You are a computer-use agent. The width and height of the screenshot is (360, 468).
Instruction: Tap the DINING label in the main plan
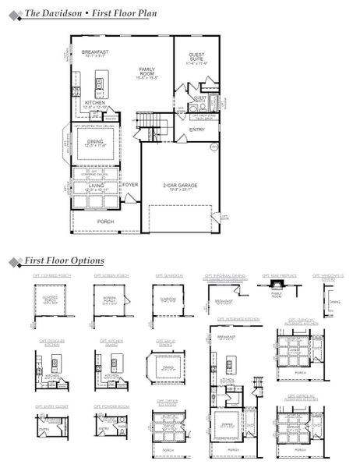(95, 144)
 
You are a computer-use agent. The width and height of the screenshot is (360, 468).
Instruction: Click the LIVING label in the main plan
(95, 186)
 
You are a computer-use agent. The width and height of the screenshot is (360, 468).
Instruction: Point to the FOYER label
(129, 185)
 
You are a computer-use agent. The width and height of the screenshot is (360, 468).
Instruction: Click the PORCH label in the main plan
(105, 222)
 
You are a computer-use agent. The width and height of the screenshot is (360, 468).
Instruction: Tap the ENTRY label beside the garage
(197, 129)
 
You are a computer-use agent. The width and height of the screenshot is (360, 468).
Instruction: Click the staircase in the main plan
(148, 122)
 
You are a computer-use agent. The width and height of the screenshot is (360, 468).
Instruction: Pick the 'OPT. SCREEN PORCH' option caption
(111, 276)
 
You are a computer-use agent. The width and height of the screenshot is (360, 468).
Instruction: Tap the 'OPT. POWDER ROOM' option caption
(111, 406)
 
